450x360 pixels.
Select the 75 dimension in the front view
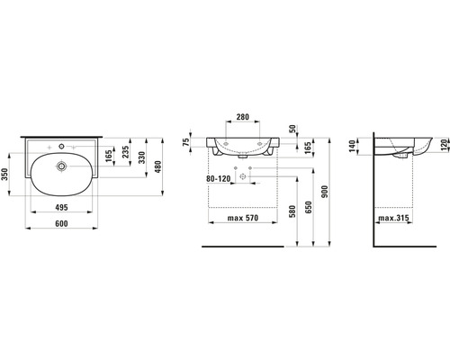click(x=187, y=142)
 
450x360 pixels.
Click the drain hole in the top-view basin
click(x=62, y=166)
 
